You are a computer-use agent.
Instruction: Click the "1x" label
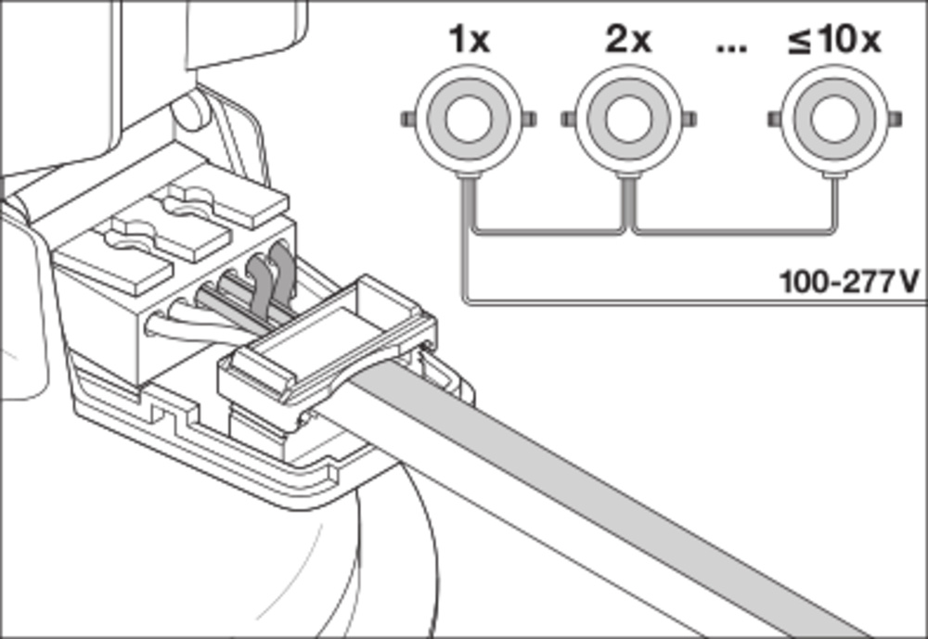[x=469, y=41]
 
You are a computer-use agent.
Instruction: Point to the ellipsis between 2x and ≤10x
[x=732, y=46]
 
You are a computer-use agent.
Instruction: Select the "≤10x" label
[x=834, y=41]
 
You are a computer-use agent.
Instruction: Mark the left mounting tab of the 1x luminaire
[x=406, y=121]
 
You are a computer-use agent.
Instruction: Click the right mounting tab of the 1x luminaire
[x=527, y=121]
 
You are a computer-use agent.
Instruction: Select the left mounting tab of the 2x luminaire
[x=567, y=121]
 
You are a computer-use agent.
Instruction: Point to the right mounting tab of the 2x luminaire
[x=690, y=121]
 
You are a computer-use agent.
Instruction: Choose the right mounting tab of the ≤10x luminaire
[x=896, y=121]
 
